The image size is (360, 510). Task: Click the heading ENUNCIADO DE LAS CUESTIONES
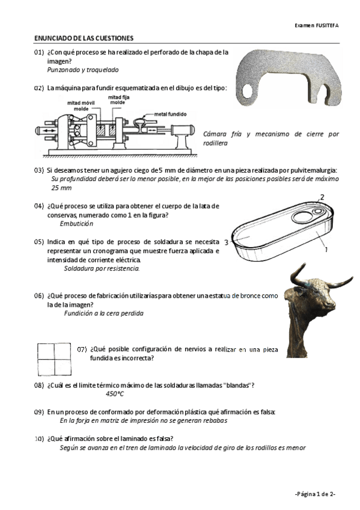tap(84, 38)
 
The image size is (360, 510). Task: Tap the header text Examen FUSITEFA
tap(317, 25)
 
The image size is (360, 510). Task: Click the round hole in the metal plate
tap(247, 91)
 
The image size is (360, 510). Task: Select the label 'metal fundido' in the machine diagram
tap(170, 114)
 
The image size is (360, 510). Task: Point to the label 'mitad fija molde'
tap(118, 99)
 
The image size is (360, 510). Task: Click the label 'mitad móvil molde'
tap(81, 106)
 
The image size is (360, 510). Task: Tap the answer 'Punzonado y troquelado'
tap(83, 70)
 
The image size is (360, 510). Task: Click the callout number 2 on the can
tap(322, 197)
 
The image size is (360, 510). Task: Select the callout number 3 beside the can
tap(226, 242)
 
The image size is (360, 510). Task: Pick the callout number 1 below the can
tap(326, 250)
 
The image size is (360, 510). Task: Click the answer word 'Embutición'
tap(76, 224)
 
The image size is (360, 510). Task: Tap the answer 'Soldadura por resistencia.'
tap(102, 269)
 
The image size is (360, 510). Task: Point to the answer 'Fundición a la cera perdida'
tap(103, 313)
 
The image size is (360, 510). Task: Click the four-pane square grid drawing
tap(54, 359)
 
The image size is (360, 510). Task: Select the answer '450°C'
tap(115, 394)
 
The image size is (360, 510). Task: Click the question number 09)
tap(38, 412)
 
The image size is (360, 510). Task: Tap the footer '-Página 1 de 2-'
tap(315, 494)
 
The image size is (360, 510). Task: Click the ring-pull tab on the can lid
tap(318, 212)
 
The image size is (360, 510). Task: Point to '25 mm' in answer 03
tap(61, 188)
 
